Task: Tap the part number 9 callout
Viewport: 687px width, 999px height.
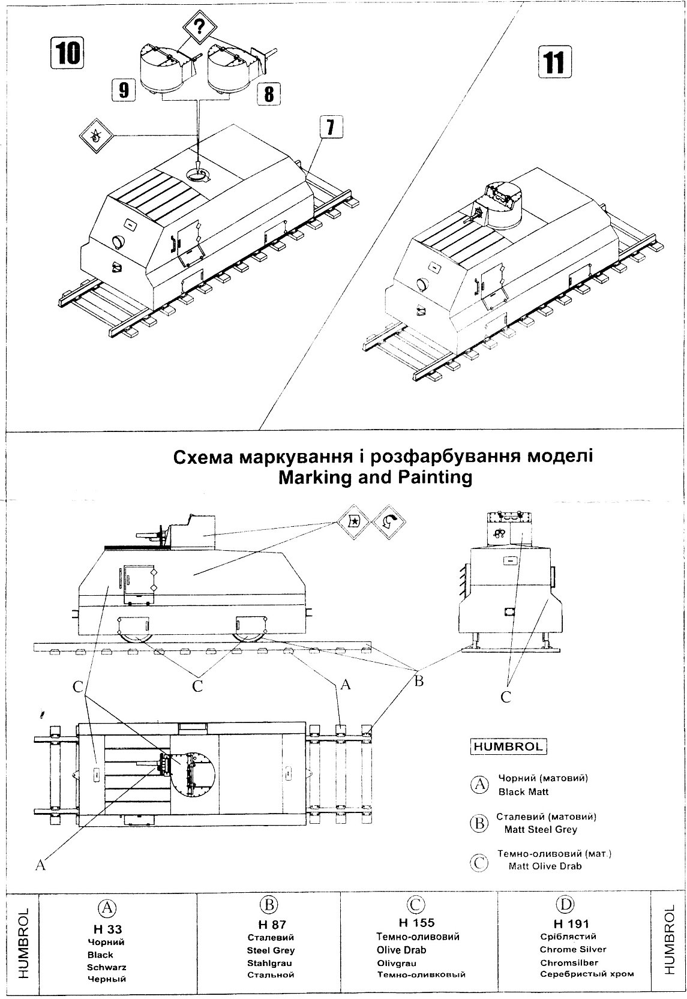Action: [122, 91]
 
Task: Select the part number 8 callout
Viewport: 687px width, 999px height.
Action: [268, 93]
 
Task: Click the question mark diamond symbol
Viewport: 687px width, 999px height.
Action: [197, 28]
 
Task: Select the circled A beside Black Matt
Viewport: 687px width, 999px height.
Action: [479, 785]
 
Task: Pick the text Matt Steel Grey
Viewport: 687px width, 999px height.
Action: [541, 830]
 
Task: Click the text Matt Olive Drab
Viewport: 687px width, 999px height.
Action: [545, 866]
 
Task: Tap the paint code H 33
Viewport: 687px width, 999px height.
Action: [107, 929]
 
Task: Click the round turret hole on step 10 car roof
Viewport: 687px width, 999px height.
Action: [199, 175]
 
